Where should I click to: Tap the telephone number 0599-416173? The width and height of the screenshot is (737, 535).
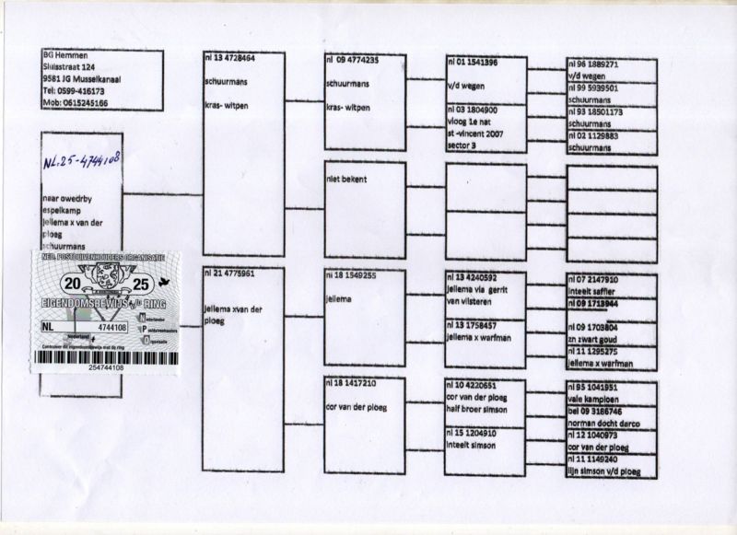[x=75, y=91]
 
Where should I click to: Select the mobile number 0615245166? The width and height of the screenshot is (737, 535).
[x=76, y=103]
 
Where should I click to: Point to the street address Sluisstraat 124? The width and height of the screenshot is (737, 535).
[x=70, y=66]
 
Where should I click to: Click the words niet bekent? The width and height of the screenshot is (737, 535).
[x=346, y=179]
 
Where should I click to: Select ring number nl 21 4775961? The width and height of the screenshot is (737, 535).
[x=229, y=273]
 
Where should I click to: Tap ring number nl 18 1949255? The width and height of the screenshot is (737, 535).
[x=351, y=274]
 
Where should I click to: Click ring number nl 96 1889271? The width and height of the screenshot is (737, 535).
[x=594, y=65]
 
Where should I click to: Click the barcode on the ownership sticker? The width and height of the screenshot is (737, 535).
[x=104, y=355]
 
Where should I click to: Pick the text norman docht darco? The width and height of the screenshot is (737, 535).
[x=604, y=423]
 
